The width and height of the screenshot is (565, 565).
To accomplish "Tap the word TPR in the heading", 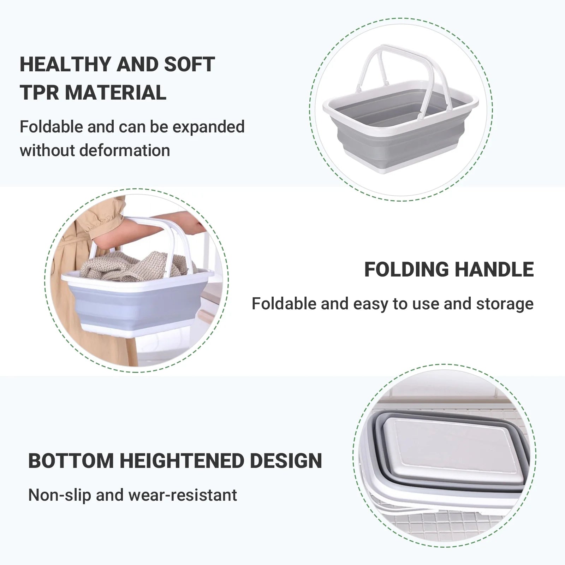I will [x=39, y=93].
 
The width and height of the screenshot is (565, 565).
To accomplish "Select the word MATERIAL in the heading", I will [x=115, y=93].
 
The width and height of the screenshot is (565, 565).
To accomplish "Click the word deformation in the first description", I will [x=124, y=150].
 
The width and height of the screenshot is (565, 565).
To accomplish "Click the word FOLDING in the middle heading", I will [x=406, y=270].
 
